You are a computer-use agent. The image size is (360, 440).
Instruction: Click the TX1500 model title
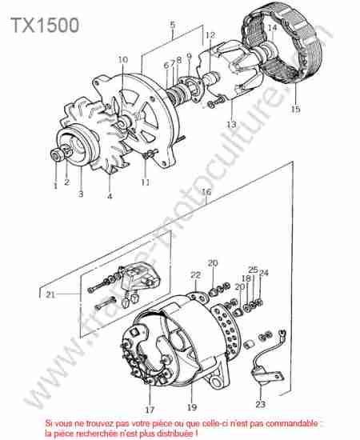(x=45, y=25)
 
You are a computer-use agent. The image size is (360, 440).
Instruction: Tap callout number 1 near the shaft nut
(x=55, y=186)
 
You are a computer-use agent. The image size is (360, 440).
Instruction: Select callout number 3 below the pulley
(x=81, y=194)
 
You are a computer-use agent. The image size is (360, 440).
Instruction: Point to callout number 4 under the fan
(x=110, y=195)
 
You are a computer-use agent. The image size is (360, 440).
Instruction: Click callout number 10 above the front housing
(x=123, y=59)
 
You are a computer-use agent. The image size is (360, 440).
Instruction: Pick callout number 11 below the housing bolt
(x=145, y=182)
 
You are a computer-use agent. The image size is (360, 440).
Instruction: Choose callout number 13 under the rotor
(x=231, y=124)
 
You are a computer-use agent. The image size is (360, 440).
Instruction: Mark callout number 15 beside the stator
(x=295, y=109)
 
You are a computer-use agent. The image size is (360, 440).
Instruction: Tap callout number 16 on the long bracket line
(x=206, y=192)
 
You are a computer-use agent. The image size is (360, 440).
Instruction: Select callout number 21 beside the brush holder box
(x=50, y=294)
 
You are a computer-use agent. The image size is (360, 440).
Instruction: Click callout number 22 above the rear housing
(x=195, y=275)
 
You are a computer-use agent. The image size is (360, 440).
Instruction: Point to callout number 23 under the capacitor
(x=260, y=404)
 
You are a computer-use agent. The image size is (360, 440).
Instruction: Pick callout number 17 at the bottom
(x=150, y=410)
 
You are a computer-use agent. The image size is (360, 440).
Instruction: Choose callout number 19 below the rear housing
(x=192, y=407)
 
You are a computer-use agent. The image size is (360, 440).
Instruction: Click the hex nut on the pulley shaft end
(x=55, y=155)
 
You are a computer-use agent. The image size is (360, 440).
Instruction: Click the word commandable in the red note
(x=291, y=423)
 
